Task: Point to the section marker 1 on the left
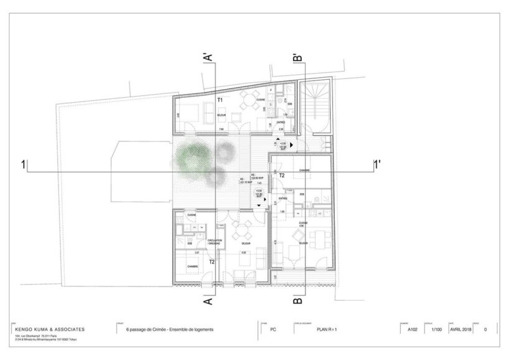click(x=24, y=166)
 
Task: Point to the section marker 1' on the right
click(x=376, y=166)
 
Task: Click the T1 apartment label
click(x=220, y=100)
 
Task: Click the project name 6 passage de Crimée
click(x=169, y=329)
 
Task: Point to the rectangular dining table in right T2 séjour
click(x=319, y=237)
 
